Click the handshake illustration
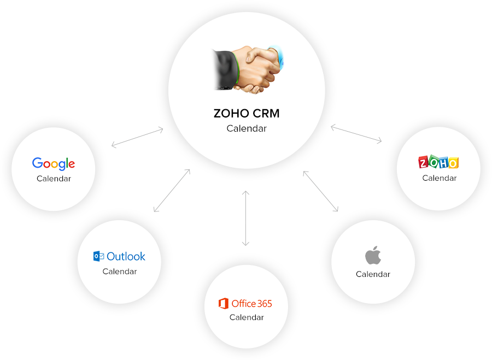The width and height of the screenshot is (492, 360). [x=247, y=69]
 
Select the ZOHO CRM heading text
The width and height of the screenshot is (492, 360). [x=247, y=114]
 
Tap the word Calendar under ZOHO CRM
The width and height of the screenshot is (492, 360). [x=247, y=129]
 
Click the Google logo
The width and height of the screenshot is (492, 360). [x=54, y=163]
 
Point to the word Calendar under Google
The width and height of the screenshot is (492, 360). [x=54, y=179]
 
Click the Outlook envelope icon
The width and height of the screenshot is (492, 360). [x=99, y=256]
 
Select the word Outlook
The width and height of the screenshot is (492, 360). [x=126, y=256]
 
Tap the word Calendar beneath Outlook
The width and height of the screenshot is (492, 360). [x=120, y=272]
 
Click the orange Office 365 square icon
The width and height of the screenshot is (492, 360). [x=223, y=303]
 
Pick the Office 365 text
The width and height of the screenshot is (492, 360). [x=251, y=303]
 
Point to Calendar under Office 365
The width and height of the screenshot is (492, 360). [x=247, y=317]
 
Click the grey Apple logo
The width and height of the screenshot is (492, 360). [x=373, y=255]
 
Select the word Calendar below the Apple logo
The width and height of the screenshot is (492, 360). [x=373, y=274]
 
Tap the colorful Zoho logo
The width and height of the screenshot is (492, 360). [x=438, y=162]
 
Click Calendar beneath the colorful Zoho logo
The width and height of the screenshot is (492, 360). [x=439, y=178]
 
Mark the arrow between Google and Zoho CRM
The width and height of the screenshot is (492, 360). [x=137, y=137]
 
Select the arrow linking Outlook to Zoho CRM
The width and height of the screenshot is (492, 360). [x=172, y=190]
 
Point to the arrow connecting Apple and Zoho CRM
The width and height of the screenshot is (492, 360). [x=321, y=191]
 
